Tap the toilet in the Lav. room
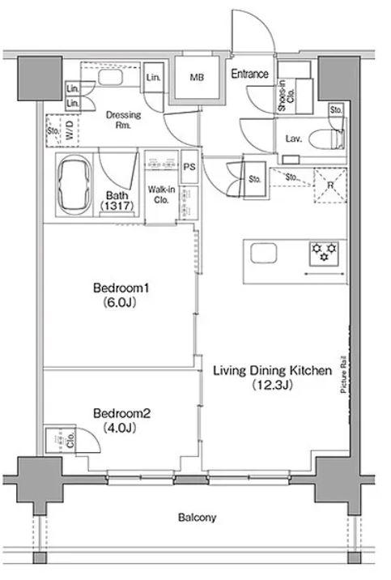(327, 139)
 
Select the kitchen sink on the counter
(264, 254)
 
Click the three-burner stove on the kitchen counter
(324, 254)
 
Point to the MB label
(197, 77)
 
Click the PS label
(189, 167)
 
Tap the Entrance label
(250, 74)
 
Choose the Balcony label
(197, 517)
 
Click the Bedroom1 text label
(121, 288)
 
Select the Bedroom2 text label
(121, 413)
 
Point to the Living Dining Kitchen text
(272, 370)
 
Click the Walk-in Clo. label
(162, 194)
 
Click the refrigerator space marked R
(330, 186)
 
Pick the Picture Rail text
(343, 374)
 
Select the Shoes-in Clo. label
(287, 96)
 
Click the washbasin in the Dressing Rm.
(110, 77)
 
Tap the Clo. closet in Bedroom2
(60, 439)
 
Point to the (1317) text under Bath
(117, 206)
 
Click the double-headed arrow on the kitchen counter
(324, 274)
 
